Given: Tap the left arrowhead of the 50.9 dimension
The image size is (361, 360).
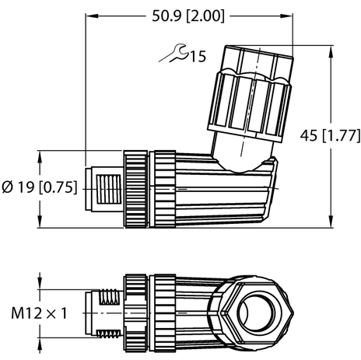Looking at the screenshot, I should [89, 15].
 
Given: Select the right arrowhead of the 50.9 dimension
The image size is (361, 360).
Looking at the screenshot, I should [290, 15].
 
